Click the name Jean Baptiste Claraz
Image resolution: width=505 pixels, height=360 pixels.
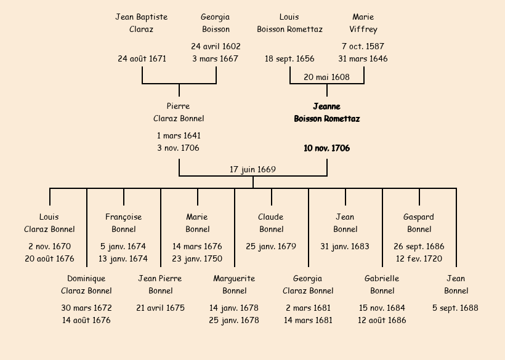142,23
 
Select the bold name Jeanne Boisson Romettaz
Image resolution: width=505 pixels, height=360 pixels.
326,113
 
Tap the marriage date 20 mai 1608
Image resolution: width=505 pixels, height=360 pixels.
326,77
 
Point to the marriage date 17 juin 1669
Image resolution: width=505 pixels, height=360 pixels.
252,169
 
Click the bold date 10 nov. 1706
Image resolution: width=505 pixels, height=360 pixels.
326,148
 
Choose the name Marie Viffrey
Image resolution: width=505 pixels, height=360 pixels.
363,23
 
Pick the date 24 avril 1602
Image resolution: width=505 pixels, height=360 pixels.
216,46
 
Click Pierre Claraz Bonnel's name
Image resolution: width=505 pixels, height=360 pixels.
179,113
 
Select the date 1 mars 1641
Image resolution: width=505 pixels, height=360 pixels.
179,136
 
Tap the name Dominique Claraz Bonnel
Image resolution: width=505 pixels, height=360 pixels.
86,285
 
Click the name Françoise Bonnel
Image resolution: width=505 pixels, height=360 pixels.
123,223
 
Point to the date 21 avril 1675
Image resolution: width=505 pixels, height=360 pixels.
160,308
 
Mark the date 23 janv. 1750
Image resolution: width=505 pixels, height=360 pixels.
197,259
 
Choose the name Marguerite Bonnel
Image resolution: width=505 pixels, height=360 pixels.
234,285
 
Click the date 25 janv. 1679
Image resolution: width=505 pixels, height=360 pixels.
271,247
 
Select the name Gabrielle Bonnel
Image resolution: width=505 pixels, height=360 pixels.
382,285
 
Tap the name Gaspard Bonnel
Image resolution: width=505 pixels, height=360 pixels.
419,223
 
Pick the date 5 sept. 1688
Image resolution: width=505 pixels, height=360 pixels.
456,308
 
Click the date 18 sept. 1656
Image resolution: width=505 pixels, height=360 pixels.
289,59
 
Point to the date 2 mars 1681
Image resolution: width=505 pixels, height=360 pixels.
308,308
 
